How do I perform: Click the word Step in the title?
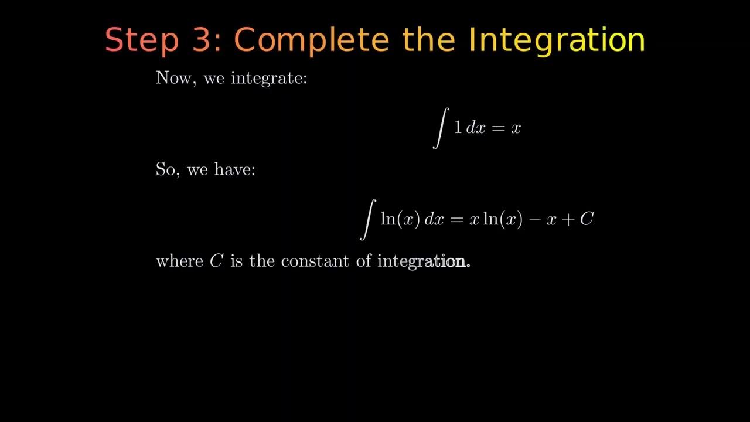141,40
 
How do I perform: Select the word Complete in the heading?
311,40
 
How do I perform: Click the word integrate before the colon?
268,78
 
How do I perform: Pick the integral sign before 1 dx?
440,128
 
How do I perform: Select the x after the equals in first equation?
516,129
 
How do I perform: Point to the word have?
234,170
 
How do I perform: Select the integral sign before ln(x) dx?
367,219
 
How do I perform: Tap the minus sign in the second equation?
534,220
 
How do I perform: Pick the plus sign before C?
568,220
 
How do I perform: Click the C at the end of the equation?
587,219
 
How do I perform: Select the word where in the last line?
179,261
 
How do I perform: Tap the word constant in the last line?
316,261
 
